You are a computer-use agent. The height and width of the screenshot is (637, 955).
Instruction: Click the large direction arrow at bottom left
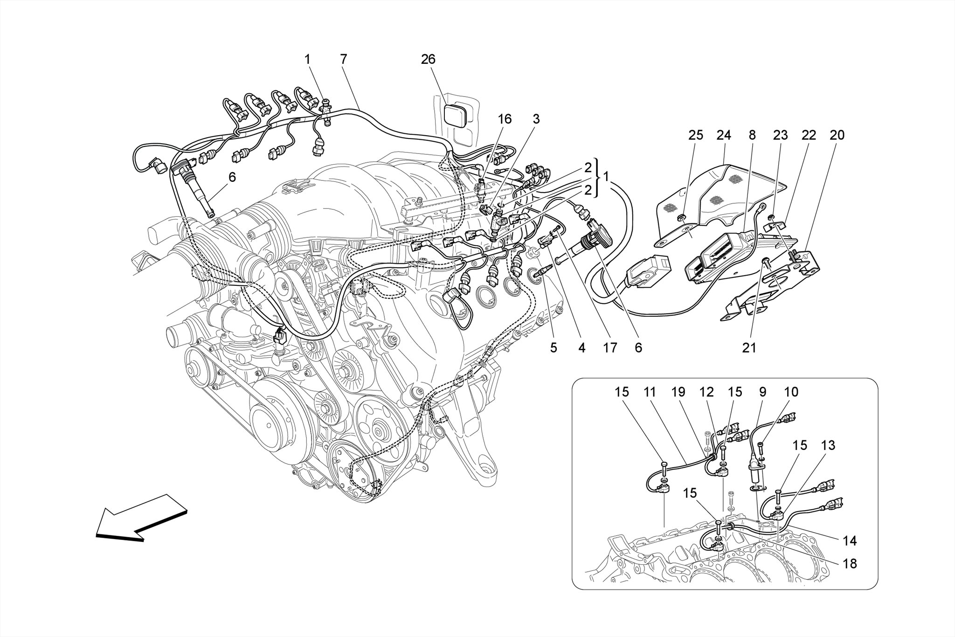[x=140, y=517]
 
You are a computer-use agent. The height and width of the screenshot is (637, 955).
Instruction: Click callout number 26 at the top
[x=428, y=59]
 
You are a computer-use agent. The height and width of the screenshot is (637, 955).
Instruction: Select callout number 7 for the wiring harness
[x=344, y=59]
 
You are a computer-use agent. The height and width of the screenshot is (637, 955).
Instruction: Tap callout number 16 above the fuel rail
[x=505, y=119]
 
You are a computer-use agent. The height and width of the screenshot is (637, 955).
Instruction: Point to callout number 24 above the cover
[x=724, y=135]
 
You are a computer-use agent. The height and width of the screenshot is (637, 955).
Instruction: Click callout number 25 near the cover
[x=695, y=135]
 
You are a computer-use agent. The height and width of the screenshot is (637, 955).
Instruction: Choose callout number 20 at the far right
[x=837, y=135]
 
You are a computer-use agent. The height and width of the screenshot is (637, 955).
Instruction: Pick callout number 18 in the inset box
[x=850, y=564]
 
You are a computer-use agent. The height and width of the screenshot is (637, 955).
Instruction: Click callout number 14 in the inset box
[x=850, y=541]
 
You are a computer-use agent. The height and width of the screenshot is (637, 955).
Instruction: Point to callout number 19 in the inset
[x=678, y=392]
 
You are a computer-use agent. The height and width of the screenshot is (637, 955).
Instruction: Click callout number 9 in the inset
[x=762, y=392]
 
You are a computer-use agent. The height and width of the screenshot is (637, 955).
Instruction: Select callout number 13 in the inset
[x=828, y=445]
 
